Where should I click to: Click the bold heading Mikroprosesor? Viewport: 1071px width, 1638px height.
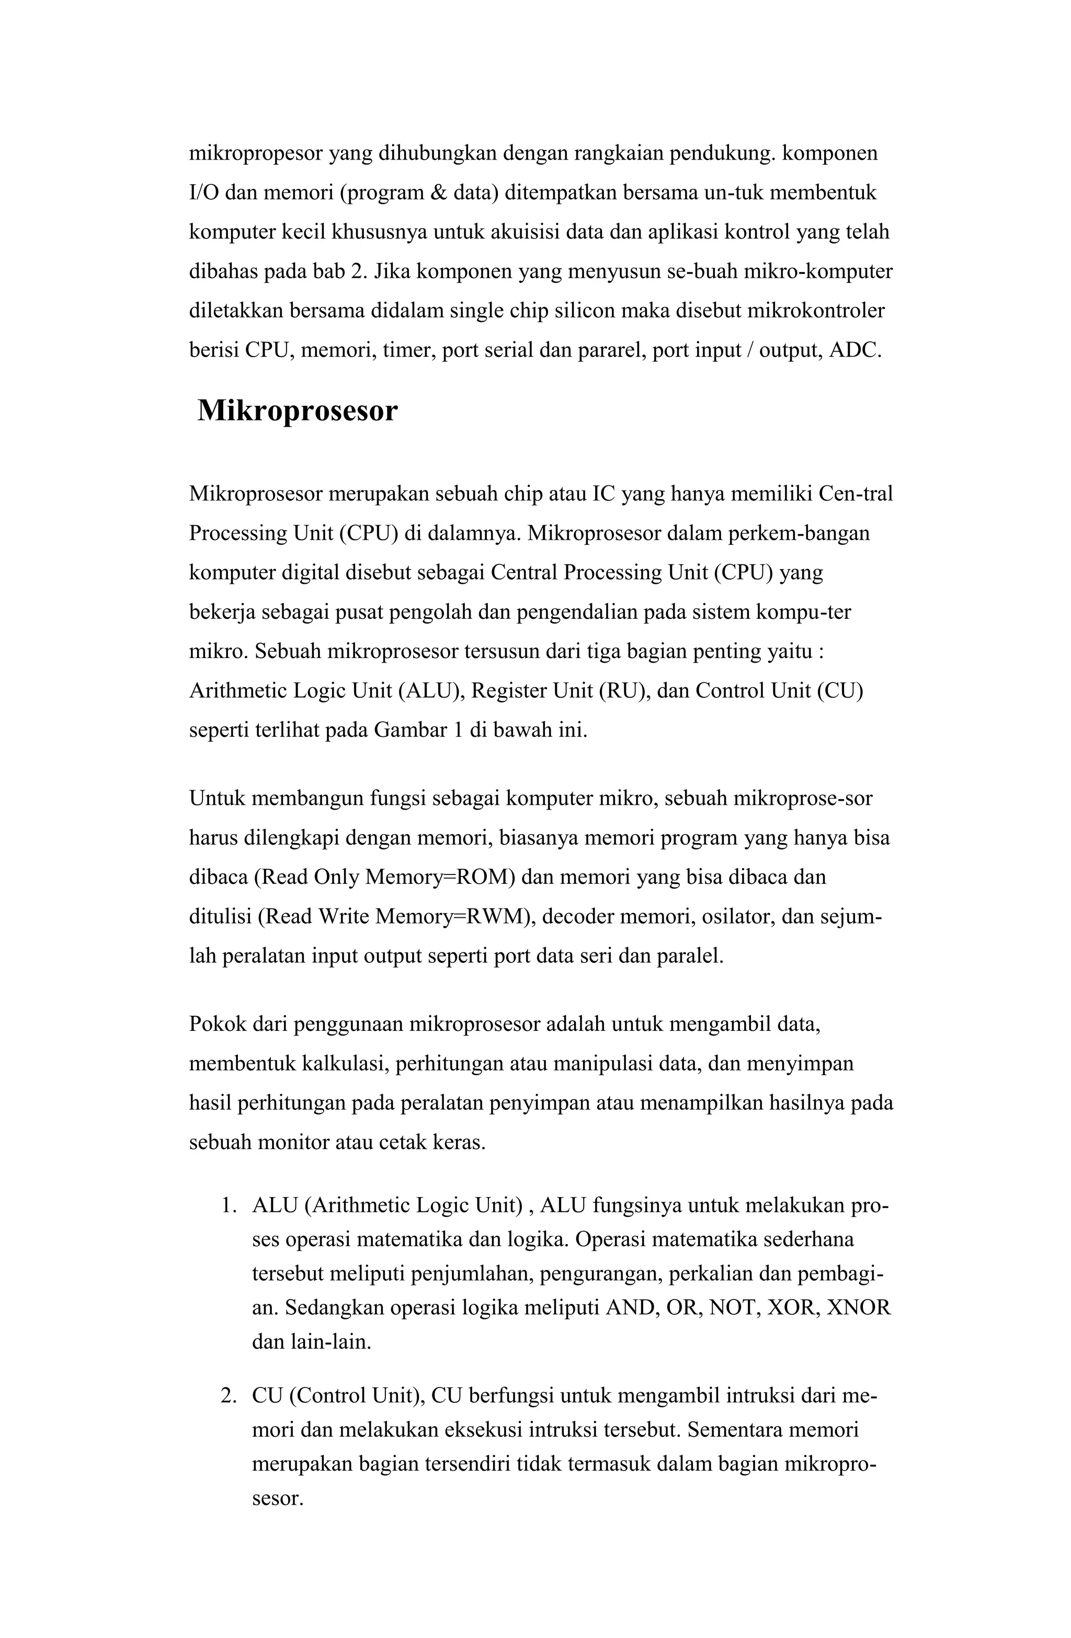coord(298,411)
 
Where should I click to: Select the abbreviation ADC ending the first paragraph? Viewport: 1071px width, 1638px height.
coord(853,350)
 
